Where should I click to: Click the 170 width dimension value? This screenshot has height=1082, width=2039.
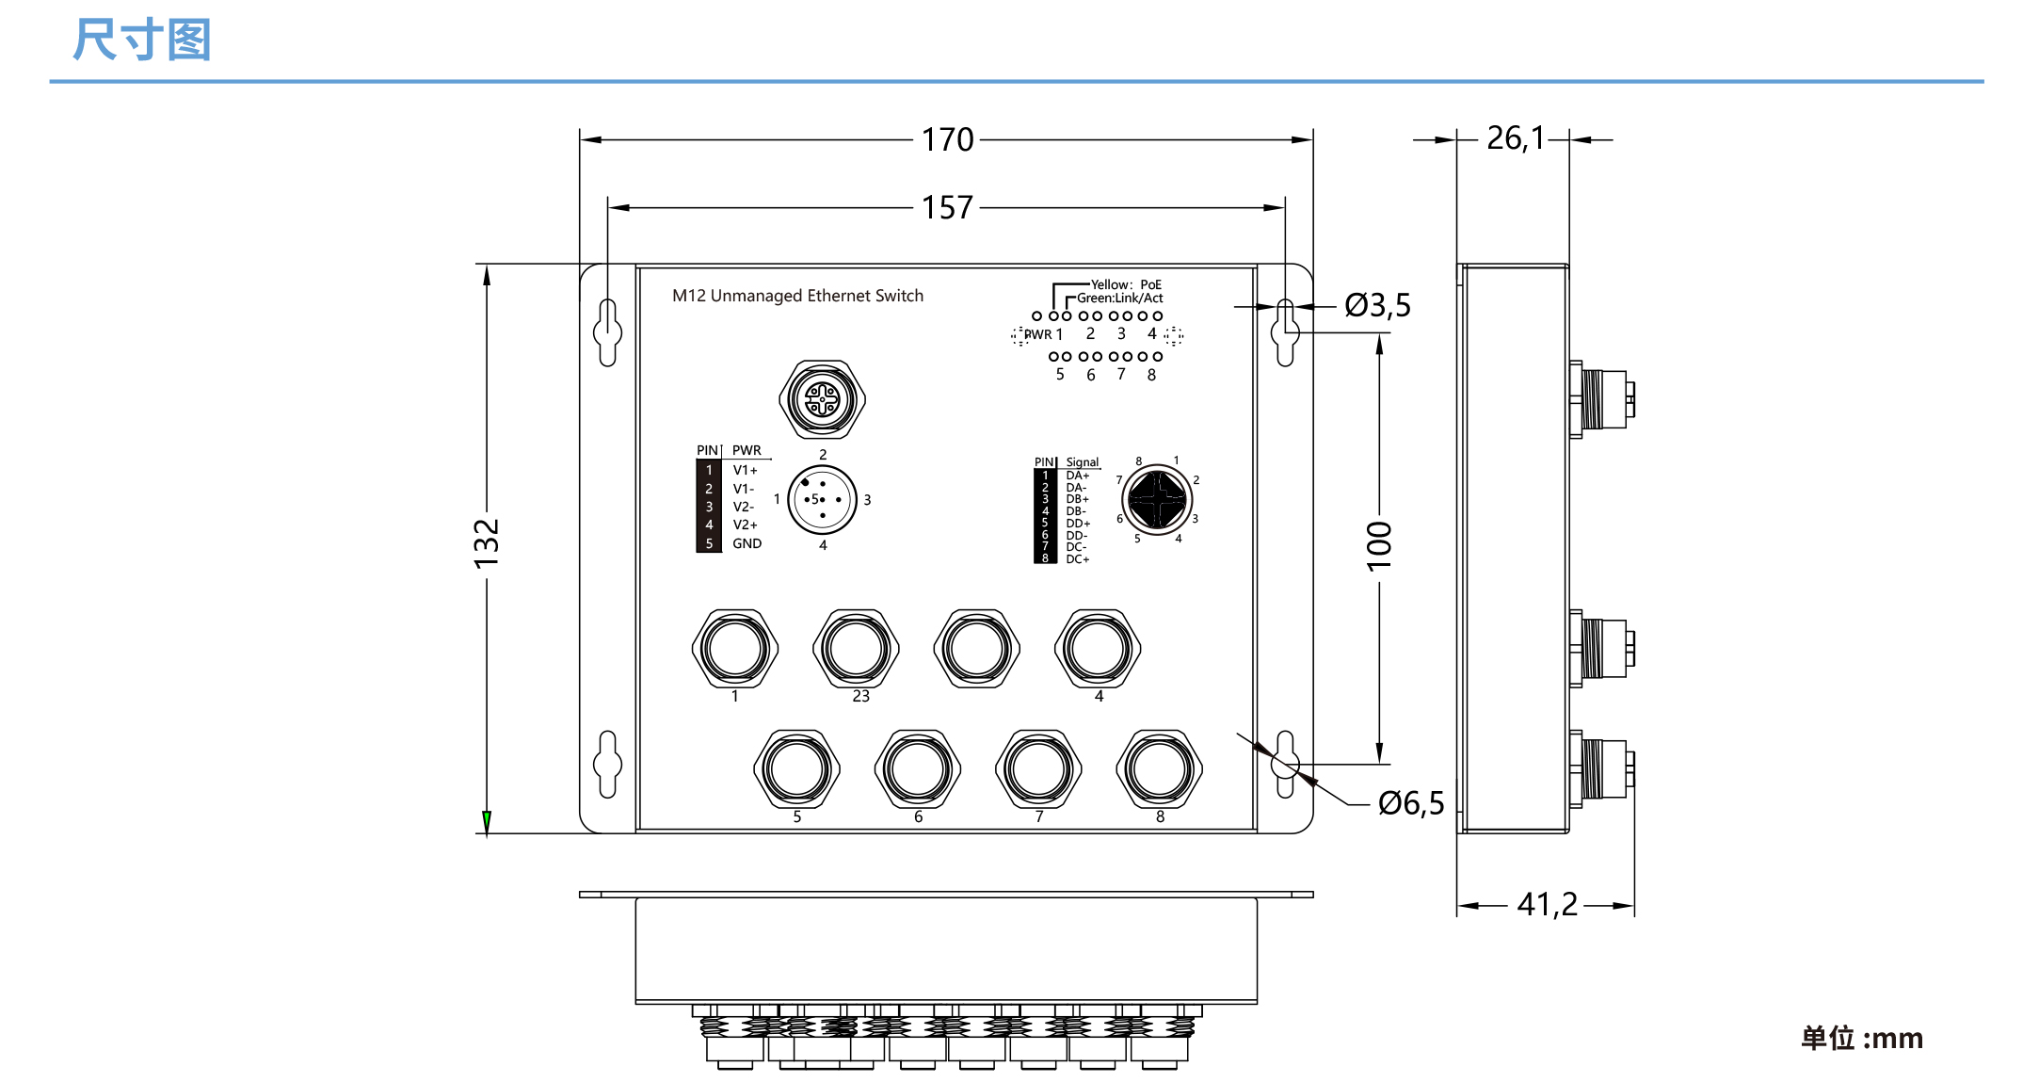[x=947, y=139]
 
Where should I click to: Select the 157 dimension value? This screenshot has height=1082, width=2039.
[x=947, y=207]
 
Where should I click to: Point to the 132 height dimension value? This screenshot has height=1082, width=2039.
[x=487, y=543]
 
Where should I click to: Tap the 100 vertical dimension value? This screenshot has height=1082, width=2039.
[x=1379, y=545]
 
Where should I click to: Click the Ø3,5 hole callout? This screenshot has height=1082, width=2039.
[x=1377, y=305]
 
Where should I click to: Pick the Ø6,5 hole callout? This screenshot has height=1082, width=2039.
[x=1410, y=803]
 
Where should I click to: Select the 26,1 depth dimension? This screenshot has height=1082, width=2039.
[x=1515, y=138]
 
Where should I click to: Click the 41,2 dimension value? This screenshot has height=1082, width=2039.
[x=1547, y=905]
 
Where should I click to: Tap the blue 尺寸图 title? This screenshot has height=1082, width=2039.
[x=142, y=40]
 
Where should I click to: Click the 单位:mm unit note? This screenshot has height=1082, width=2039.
[x=1861, y=1038]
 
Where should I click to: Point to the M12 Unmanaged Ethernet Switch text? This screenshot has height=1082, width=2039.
[x=797, y=296]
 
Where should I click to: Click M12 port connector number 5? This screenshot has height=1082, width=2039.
[x=796, y=769]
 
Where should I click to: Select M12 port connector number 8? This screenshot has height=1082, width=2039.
[x=1159, y=769]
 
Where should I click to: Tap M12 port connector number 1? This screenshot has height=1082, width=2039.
[x=735, y=649]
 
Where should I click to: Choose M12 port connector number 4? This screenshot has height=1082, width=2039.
[x=1098, y=649]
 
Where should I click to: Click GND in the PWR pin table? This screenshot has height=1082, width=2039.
[x=747, y=543]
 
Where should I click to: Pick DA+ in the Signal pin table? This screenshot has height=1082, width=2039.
[x=1077, y=476]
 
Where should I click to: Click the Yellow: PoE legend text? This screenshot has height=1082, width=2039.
[x=1126, y=284]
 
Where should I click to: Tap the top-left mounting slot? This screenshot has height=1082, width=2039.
[x=607, y=332]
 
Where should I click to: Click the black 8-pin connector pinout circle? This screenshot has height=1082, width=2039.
[x=1157, y=499]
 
